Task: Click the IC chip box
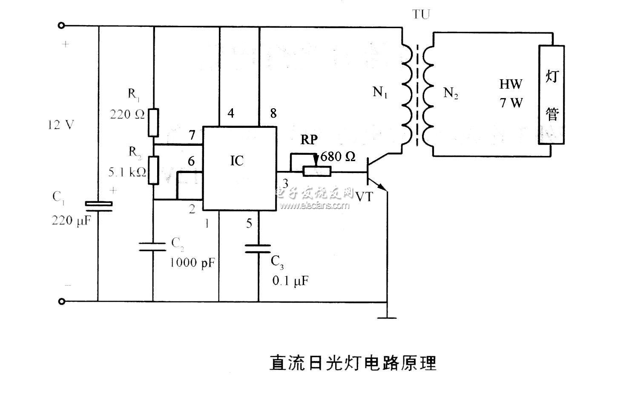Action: click(239, 168)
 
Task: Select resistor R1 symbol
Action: click(153, 123)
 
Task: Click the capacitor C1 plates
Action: click(99, 206)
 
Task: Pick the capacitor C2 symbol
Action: click(153, 246)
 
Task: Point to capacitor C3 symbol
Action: click(258, 249)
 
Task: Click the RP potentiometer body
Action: click(317, 172)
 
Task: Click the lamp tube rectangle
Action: click(552, 95)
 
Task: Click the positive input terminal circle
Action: click(61, 26)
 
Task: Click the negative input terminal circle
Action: click(61, 301)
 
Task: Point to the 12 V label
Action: click(61, 125)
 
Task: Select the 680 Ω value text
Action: click(338, 157)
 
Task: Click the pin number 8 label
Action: click(273, 113)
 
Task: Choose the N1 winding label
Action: click(380, 92)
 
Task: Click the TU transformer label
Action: click(421, 14)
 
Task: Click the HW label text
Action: click(511, 84)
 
